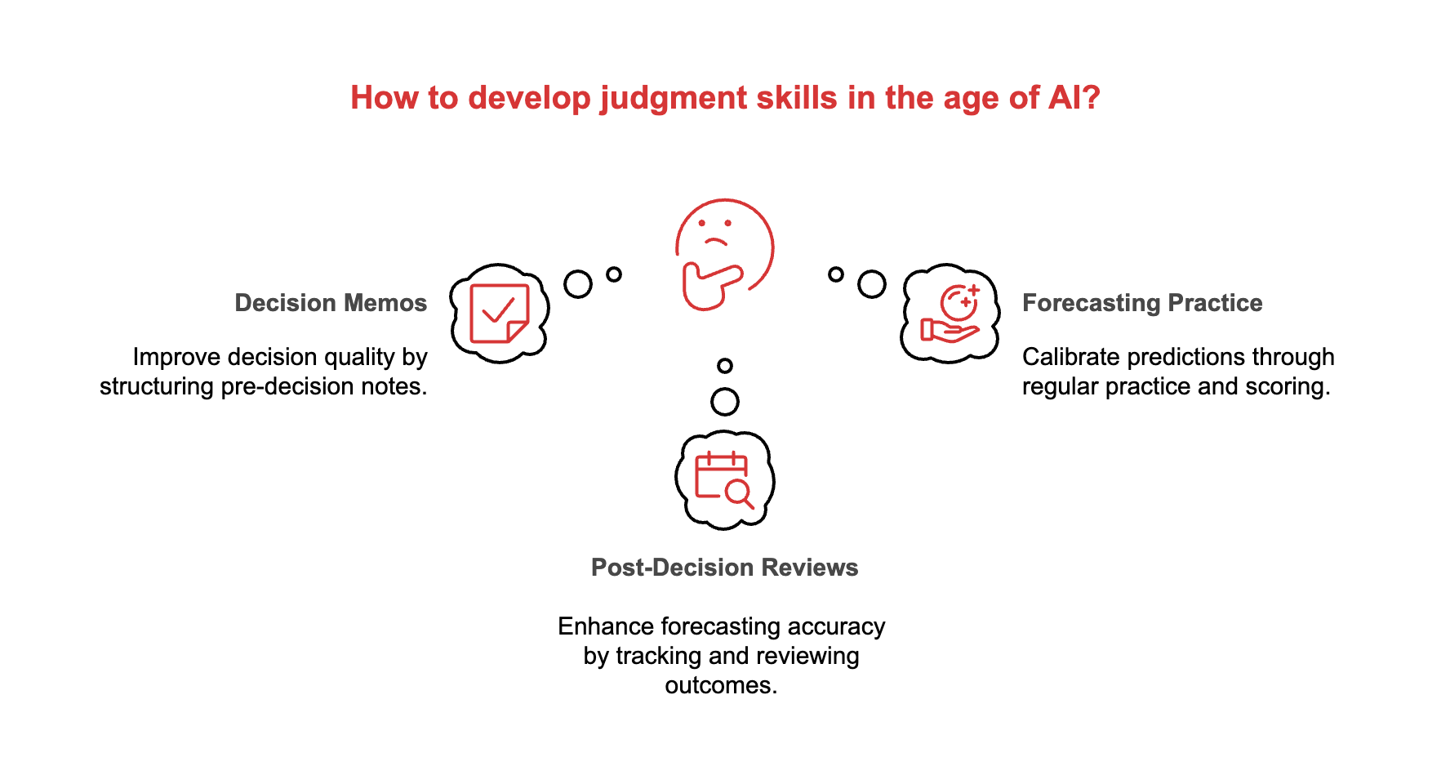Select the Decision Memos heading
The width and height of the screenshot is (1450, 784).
(331, 303)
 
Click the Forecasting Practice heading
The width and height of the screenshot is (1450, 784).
(1142, 303)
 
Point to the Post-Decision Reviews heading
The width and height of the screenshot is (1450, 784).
(724, 568)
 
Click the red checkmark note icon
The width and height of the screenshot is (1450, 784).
(500, 314)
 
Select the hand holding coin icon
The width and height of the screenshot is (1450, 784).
(950, 314)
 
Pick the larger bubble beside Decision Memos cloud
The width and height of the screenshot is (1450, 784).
(578, 284)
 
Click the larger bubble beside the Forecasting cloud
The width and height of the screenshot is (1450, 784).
(871, 284)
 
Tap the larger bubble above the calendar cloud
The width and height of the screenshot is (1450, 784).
(725, 402)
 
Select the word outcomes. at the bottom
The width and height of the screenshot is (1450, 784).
(721, 685)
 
